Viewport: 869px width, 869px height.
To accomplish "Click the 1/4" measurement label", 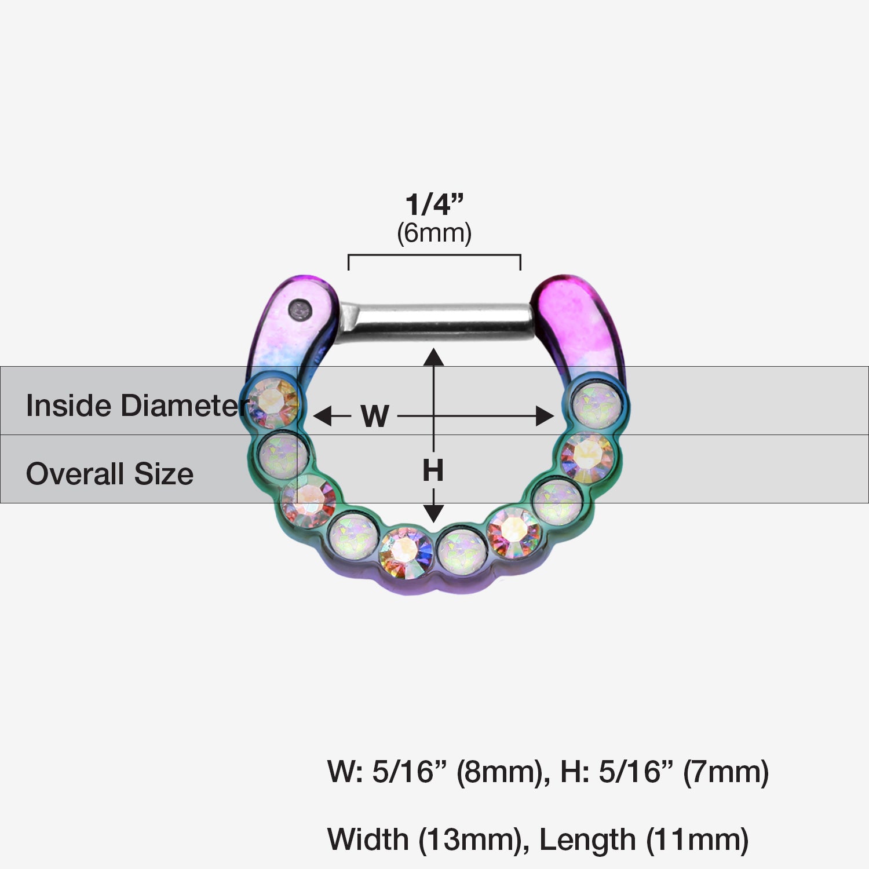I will point(434,205).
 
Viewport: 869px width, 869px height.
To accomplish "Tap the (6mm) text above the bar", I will point(434,233).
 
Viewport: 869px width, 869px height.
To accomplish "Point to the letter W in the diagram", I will point(375,416).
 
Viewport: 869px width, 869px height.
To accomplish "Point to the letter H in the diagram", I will point(433,470).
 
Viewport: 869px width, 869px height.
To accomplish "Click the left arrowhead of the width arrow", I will point(322,416).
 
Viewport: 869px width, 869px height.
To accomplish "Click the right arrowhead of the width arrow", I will point(545,416).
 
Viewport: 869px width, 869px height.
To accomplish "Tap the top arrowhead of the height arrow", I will point(433,357).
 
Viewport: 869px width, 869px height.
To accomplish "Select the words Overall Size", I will point(109,474).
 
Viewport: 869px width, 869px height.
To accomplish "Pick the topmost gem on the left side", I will point(272,401).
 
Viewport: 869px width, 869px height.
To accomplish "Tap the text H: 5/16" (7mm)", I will point(664,772).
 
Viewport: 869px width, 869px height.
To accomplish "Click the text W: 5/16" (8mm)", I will point(439,772).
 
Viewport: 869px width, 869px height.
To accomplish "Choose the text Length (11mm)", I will point(644,840).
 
